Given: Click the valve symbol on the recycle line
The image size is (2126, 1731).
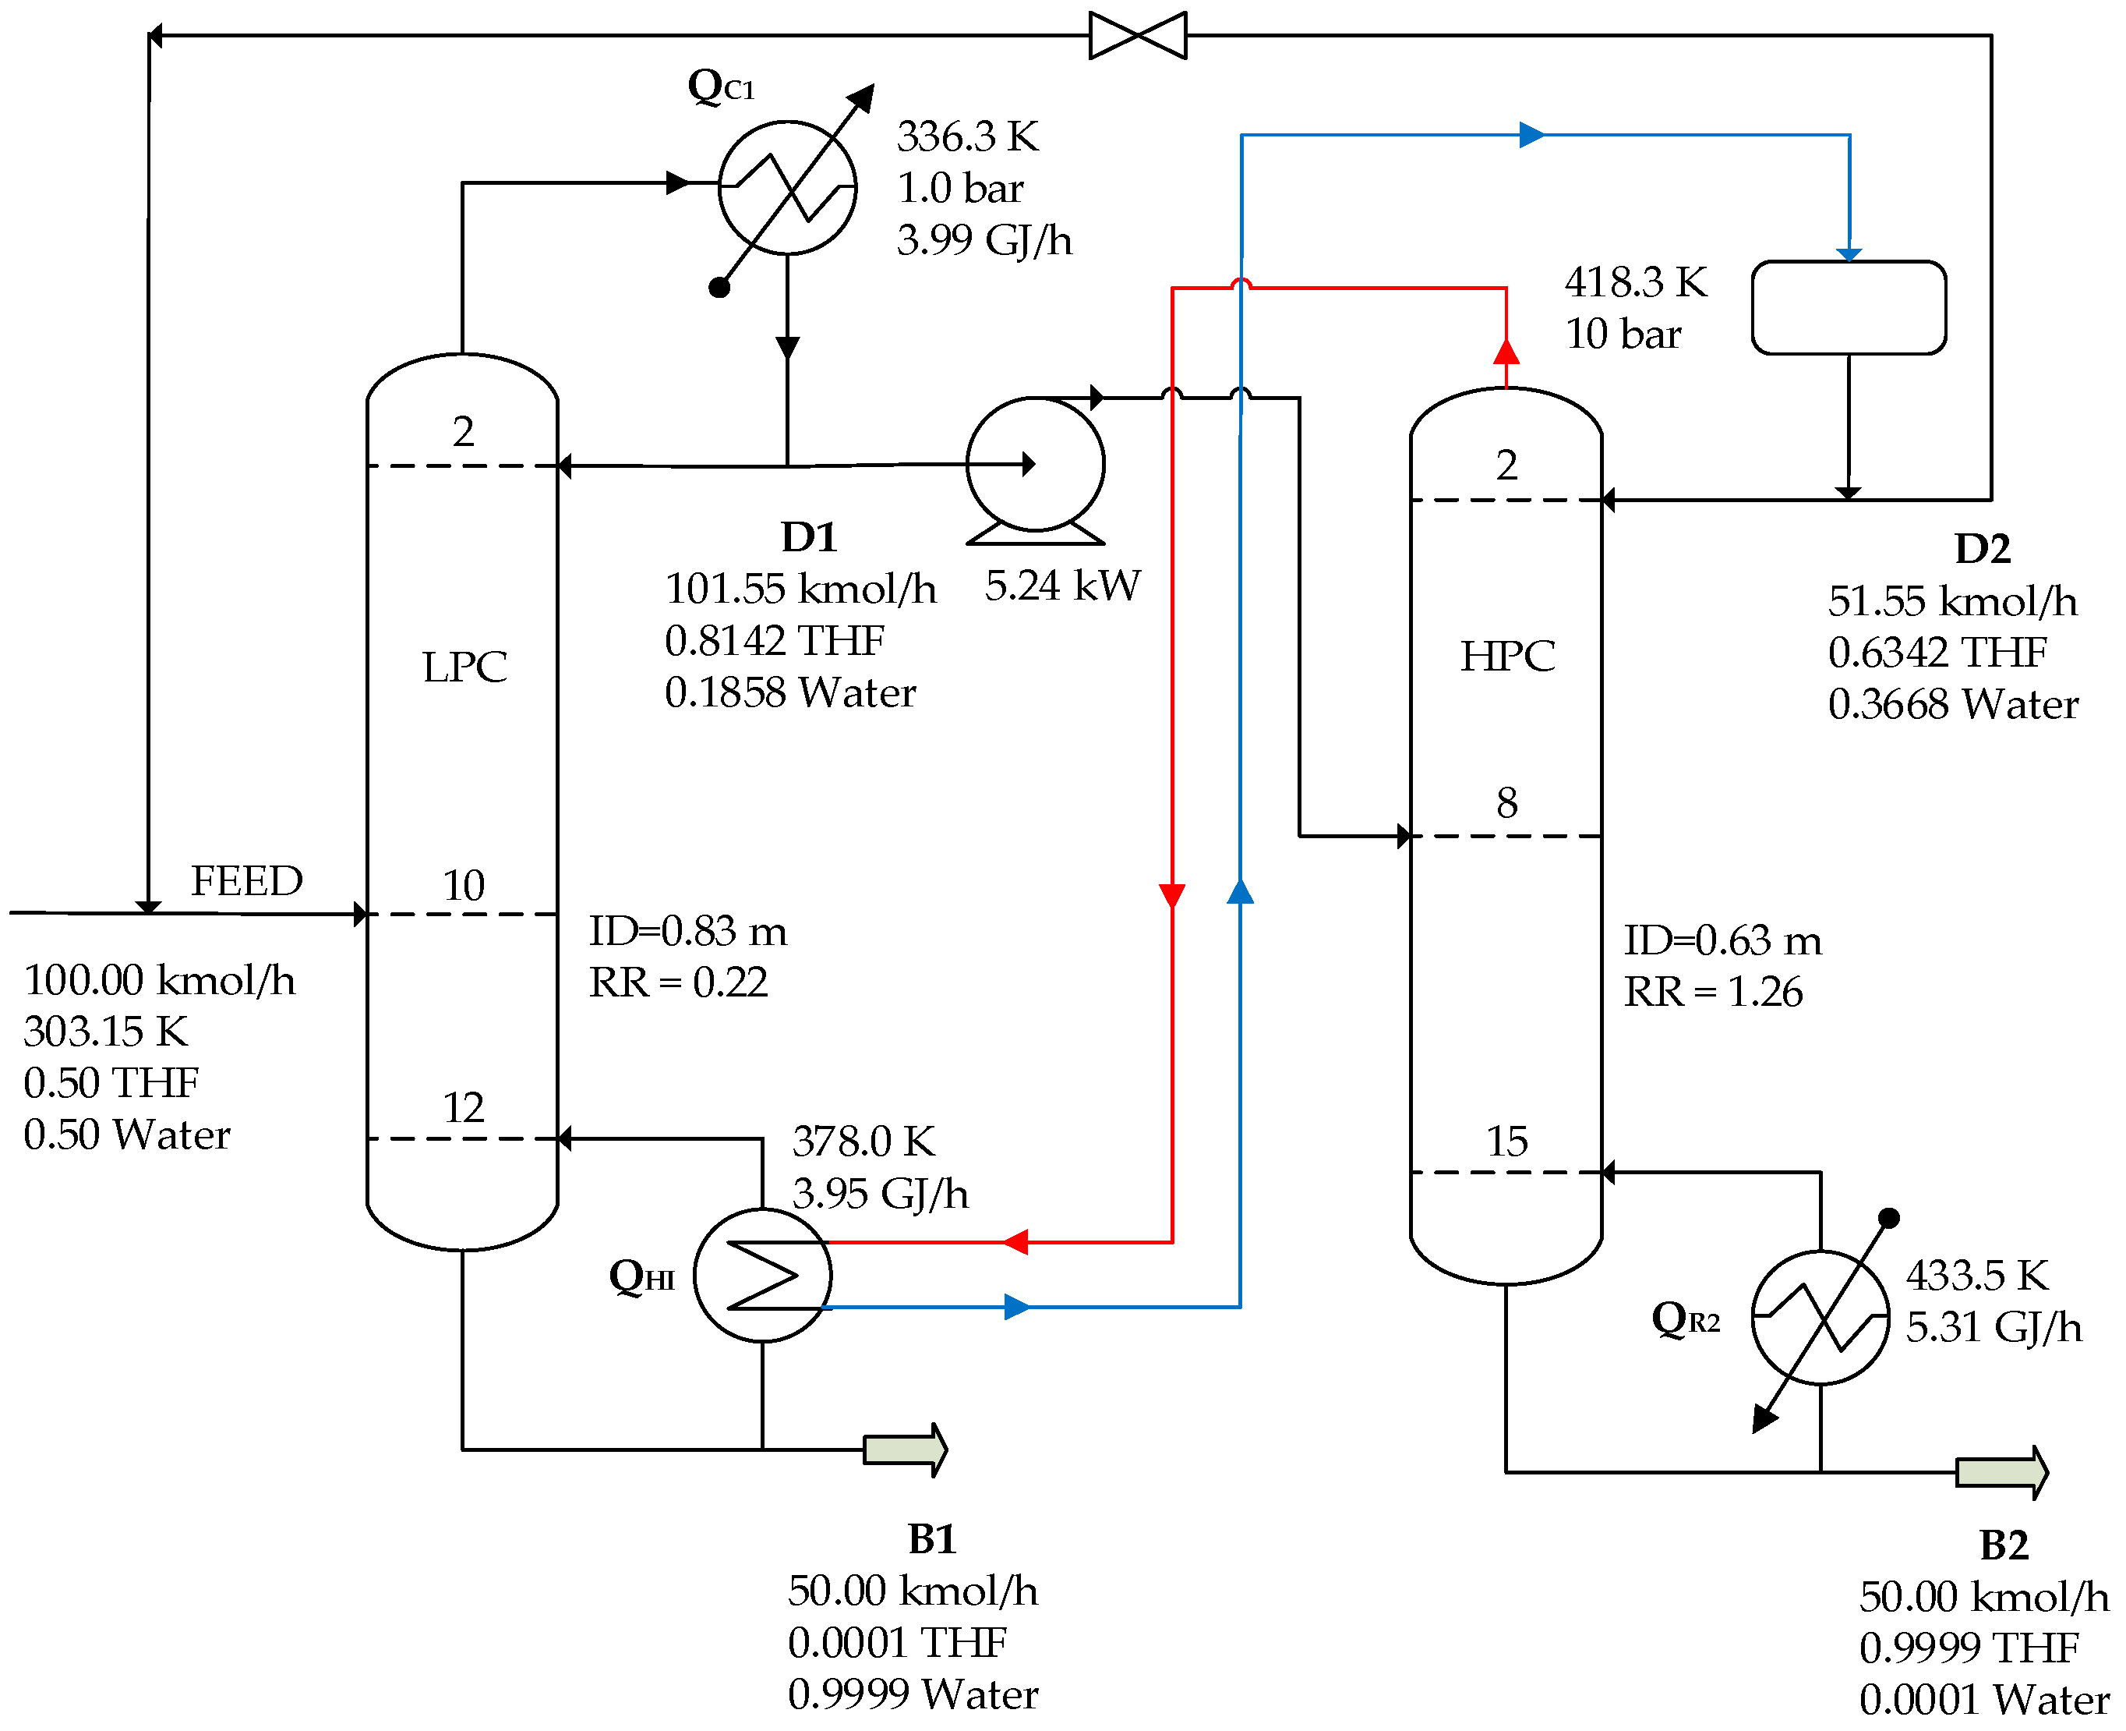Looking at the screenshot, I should point(1137,36).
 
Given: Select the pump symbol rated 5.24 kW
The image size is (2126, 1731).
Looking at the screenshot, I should point(1036,465).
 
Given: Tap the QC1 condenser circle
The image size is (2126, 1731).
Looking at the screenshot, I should point(787,187).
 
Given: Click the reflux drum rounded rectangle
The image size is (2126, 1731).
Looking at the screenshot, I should point(1848,307).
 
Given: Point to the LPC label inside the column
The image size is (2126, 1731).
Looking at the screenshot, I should point(464,667).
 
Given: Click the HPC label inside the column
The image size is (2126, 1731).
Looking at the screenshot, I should point(1507,656).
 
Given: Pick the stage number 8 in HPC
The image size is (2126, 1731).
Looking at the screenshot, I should point(1507,802).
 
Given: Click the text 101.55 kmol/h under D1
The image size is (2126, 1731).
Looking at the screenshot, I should point(800,589).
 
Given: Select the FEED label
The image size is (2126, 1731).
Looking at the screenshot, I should point(246,881).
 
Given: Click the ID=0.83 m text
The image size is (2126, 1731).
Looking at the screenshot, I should point(687,931).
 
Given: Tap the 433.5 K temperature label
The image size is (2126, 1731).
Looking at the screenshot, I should point(1976,1276).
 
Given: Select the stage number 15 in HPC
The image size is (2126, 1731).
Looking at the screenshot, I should point(1507,1142).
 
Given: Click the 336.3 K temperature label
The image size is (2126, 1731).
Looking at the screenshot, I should point(967,136).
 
